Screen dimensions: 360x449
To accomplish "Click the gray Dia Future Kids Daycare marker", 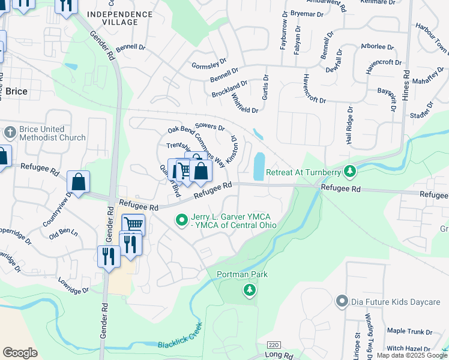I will click(x=342, y=301).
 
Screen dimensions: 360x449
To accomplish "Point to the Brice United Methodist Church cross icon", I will click(x=10, y=132).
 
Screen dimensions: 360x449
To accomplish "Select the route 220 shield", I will click(x=273, y=345).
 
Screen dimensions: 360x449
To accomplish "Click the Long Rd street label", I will click(x=280, y=356).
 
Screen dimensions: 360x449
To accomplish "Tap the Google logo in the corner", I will click(x=20, y=353).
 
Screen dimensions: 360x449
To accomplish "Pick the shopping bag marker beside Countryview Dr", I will click(x=78, y=181).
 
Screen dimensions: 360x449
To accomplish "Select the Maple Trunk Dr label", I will click(x=410, y=331).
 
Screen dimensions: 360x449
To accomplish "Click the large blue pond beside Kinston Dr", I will click(x=259, y=166).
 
